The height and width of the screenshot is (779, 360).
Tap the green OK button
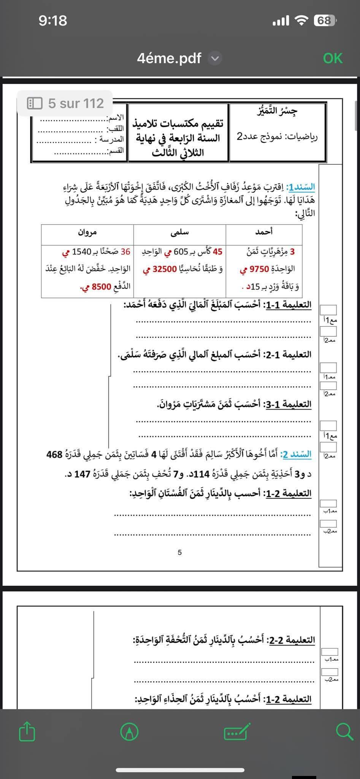pos(333,58)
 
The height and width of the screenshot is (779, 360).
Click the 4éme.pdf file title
pos(169,58)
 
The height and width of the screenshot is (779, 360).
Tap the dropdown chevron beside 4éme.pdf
pos(215,59)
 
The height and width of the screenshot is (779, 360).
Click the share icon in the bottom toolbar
pos(27,731)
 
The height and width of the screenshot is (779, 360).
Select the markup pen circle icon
pos(129,731)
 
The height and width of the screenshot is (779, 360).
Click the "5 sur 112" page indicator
pos(65,103)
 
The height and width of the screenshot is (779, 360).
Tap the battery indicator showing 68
pos(325,21)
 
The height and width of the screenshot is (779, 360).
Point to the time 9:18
pos(53,21)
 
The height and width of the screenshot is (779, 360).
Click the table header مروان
pos(87,232)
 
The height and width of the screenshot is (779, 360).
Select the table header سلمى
pos(180,232)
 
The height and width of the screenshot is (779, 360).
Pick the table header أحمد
pos(264,231)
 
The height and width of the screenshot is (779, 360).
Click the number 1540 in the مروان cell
pos(81,252)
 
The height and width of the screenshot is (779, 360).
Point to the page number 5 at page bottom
pos(180,552)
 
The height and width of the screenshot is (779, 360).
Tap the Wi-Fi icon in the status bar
pos(301,21)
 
